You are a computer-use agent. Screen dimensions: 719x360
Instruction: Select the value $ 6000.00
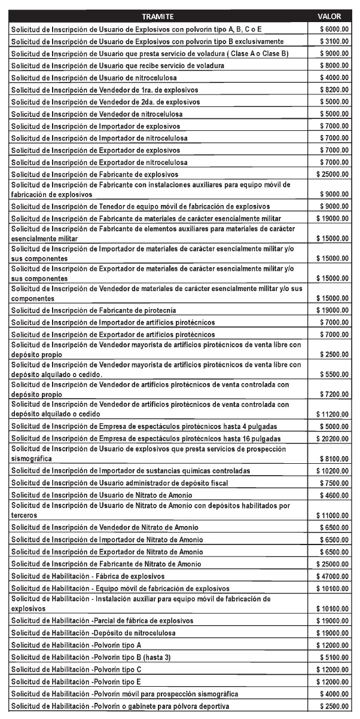click(x=334, y=29)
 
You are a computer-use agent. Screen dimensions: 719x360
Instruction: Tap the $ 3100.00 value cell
click(x=334, y=41)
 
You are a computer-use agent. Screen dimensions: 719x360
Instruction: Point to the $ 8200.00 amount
click(x=334, y=89)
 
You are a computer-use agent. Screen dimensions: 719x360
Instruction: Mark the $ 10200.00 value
click(x=333, y=471)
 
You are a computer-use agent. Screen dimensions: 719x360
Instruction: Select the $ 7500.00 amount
click(x=334, y=483)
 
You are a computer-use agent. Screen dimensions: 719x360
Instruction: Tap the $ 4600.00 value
click(x=334, y=495)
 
